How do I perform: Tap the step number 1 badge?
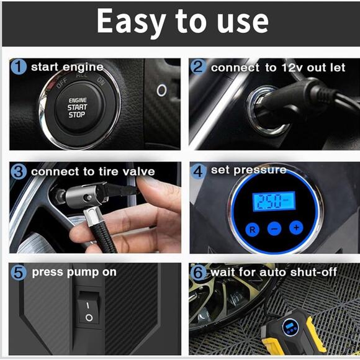tap(19, 66)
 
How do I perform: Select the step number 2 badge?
tap(199, 67)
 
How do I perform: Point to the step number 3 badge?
tap(19, 172)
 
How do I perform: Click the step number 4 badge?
tap(199, 171)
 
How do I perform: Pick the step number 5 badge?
tap(19, 272)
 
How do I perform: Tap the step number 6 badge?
tap(199, 272)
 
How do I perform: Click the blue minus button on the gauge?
tap(274, 228)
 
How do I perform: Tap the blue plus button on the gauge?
tap(296, 228)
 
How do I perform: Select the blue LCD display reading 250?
tap(274, 201)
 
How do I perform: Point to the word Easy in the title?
tap(131, 21)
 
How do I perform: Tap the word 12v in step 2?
tap(293, 68)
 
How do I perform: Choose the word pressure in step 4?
tap(260, 171)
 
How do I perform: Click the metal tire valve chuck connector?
tap(88, 197)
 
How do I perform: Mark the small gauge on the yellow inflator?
tap(290, 326)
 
